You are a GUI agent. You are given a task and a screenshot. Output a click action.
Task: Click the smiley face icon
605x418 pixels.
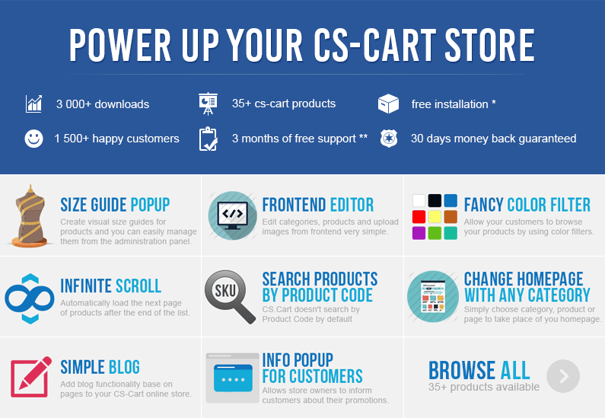coord(34,138)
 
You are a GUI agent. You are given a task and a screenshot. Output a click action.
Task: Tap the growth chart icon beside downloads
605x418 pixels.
coord(33,104)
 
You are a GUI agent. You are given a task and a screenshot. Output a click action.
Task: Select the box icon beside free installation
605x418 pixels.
coord(388,104)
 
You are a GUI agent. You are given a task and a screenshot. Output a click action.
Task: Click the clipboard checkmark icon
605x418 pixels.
coord(208,139)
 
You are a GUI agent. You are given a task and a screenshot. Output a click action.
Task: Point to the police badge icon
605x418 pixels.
coord(389,139)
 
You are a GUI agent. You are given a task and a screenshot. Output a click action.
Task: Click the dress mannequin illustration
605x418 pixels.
coord(30,216)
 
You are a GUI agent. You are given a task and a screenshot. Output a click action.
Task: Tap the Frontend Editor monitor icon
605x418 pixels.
coord(233,215)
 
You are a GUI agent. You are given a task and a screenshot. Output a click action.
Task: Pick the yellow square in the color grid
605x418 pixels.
coord(435,216)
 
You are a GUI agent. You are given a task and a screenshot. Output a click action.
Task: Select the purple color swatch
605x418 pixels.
coord(419,233)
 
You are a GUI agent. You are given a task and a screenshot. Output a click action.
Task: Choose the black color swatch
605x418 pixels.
coord(435,201)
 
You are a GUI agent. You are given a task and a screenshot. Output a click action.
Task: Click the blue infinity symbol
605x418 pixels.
coord(30,298)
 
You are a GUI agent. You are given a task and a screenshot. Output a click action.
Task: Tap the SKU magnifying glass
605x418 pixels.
coord(230,296)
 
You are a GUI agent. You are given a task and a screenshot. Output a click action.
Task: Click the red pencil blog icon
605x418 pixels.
coord(31,377)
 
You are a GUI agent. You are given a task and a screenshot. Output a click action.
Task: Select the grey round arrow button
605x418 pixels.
coord(563,376)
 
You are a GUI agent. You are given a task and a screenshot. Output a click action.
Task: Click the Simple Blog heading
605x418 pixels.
coord(100,367)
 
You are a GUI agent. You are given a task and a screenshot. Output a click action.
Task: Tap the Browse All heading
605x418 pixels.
coord(479,370)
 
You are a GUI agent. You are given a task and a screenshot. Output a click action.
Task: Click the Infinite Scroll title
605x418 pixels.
coord(111,286)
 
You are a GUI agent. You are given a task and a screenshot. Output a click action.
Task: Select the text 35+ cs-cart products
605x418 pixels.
coord(284,104)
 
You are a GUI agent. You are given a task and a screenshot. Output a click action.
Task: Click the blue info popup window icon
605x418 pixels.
coord(233,378)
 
